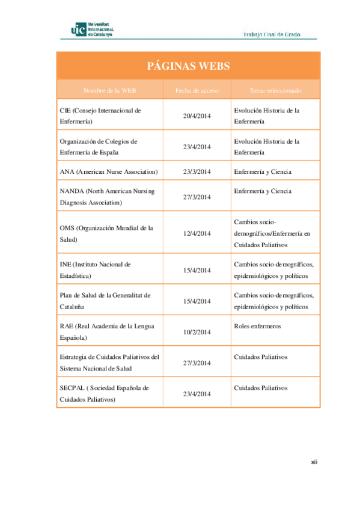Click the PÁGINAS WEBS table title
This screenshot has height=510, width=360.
[188, 66]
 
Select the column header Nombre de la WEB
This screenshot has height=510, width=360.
[110, 90]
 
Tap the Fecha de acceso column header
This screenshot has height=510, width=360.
[197, 90]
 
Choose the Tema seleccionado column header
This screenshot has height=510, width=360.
[275, 90]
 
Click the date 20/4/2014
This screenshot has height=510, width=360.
[197, 115]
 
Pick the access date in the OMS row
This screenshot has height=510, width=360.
[197, 233]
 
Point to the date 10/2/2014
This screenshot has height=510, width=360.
[197, 332]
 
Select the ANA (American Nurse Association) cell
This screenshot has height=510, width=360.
[109, 172]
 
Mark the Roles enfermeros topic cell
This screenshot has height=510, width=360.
[258, 326]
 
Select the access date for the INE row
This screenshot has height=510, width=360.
[197, 270]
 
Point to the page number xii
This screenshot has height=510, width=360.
[314, 462]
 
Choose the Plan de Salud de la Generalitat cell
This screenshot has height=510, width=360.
[105, 301]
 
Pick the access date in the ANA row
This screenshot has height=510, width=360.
[197, 172]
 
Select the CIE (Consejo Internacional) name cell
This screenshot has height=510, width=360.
[100, 115]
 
